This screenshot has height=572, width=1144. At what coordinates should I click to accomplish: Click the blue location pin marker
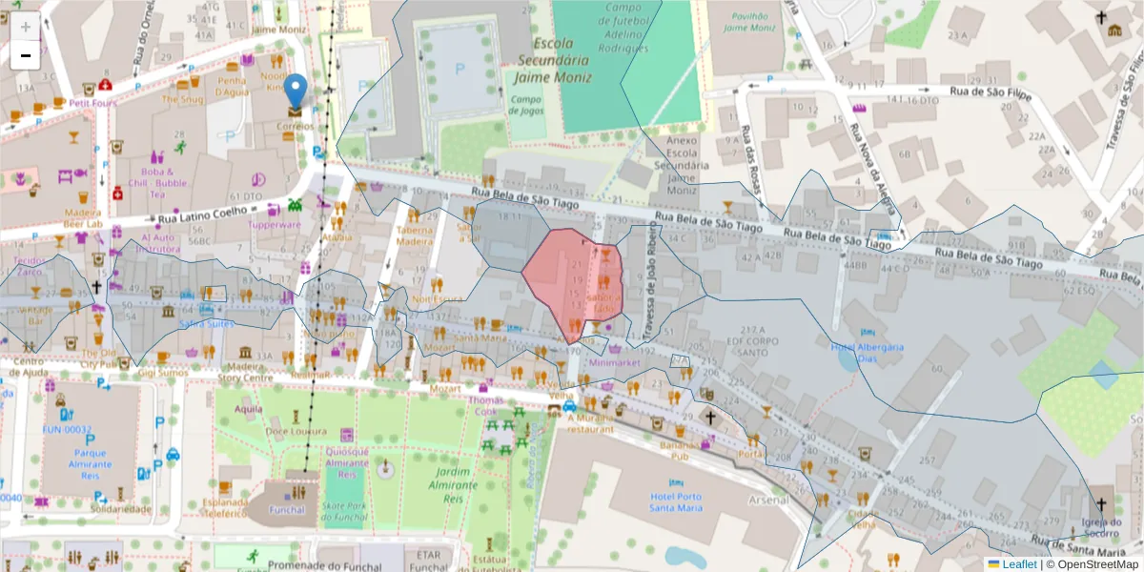(296, 92)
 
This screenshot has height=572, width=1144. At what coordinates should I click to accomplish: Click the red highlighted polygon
(572, 281)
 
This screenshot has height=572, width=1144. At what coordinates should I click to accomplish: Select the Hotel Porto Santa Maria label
(676, 501)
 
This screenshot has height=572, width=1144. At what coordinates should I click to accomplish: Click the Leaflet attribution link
(1018, 563)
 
